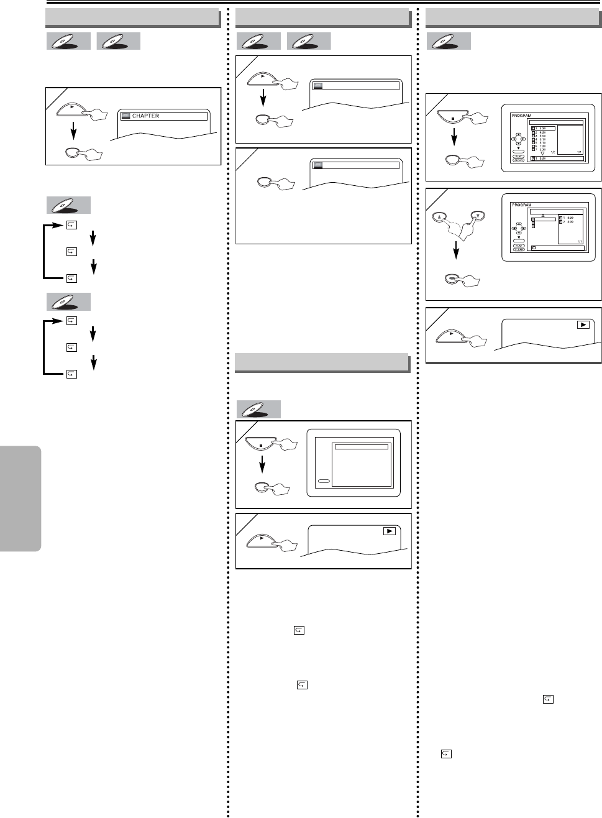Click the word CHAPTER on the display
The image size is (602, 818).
click(x=145, y=116)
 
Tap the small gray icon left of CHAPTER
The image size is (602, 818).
click(x=125, y=116)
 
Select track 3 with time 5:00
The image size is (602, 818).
click(x=539, y=136)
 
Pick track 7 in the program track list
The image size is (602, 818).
click(x=539, y=149)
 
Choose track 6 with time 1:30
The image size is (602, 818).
click(x=539, y=146)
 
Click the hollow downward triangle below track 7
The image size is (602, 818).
click(x=542, y=154)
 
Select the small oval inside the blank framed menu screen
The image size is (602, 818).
click(x=324, y=481)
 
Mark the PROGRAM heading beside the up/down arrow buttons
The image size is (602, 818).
click(x=522, y=204)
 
